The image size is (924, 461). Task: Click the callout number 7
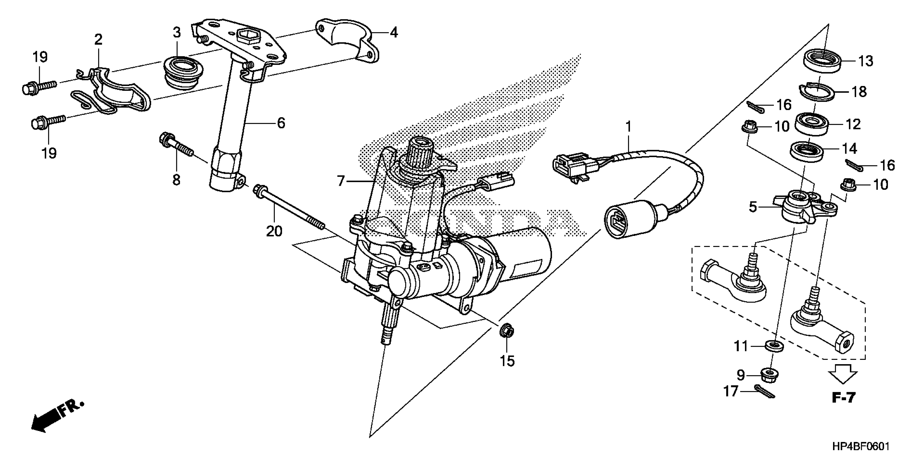click(x=341, y=181)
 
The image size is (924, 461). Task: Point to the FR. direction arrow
click(x=57, y=415)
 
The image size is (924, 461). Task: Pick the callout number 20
click(x=274, y=231)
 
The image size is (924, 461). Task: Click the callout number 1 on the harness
click(x=628, y=126)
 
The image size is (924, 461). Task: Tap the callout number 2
click(x=98, y=39)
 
